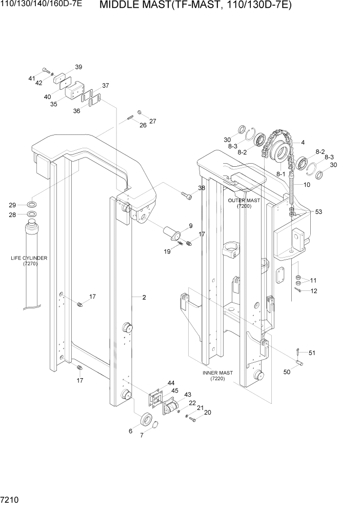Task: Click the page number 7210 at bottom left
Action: tap(11, 499)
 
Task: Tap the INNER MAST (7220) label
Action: tap(217, 376)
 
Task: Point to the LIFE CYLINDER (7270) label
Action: tap(29, 261)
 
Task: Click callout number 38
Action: tap(202, 188)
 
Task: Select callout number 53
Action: tap(318, 211)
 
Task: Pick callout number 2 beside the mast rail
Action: tap(145, 297)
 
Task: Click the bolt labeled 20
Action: tap(192, 420)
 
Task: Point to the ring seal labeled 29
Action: tap(31, 204)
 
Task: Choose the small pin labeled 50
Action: tap(301, 364)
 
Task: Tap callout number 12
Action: tap(314, 291)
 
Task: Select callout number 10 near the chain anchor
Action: tap(307, 184)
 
